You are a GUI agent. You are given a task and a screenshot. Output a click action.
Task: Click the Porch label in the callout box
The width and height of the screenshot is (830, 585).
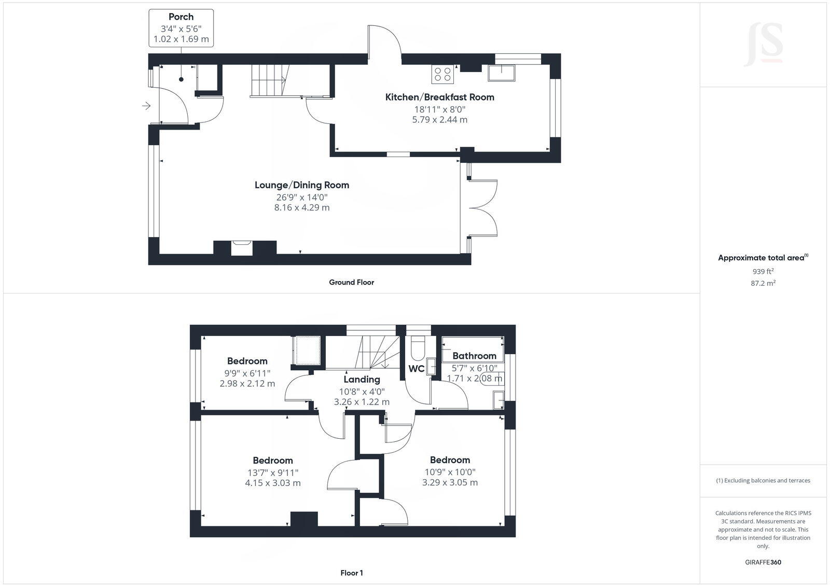[x=181, y=17]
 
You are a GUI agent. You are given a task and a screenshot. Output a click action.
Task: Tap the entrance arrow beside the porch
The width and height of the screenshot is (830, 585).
[x=146, y=106]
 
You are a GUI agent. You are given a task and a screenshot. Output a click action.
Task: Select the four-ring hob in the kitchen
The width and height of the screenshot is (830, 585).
[x=442, y=74]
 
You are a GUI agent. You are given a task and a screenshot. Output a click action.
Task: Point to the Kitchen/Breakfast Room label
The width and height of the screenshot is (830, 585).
[x=439, y=97]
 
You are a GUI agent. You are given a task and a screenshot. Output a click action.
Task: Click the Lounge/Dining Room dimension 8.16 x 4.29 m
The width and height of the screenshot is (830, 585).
[x=302, y=207]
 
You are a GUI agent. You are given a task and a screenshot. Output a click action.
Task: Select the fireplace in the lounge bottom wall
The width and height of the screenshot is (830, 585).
[x=242, y=247]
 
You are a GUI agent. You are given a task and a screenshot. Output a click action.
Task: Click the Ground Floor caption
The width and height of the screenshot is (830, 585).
[x=351, y=282]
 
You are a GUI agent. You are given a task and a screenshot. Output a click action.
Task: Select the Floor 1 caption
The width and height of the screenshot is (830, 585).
[x=351, y=573]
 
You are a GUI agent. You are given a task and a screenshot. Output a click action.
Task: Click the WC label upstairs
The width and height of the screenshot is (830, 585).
[x=416, y=369]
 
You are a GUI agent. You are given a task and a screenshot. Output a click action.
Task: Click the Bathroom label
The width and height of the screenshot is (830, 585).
[x=474, y=356]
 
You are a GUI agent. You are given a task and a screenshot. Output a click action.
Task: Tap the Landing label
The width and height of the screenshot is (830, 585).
[x=362, y=380]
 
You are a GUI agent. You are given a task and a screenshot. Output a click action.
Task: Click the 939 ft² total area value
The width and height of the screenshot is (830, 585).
[x=763, y=271]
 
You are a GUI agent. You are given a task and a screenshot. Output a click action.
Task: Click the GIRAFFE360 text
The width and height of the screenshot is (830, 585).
[x=763, y=562]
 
